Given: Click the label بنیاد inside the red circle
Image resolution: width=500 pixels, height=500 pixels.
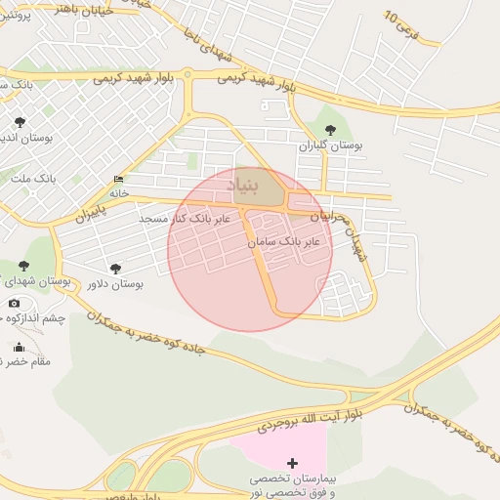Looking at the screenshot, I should click(246, 184).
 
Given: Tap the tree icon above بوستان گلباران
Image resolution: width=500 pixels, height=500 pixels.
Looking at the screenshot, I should click(329, 129).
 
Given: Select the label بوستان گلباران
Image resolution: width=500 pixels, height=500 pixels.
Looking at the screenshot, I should click(331, 146).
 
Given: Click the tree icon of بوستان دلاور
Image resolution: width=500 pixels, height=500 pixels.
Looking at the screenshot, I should click(116, 269).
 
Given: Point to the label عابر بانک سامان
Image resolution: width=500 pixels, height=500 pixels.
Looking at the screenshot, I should click(284, 239).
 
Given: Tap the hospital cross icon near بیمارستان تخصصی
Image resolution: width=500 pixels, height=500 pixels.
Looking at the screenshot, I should click(293, 462).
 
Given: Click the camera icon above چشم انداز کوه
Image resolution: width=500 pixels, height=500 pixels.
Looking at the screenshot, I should click(14, 303).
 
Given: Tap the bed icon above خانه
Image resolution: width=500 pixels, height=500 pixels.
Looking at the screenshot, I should click(119, 180).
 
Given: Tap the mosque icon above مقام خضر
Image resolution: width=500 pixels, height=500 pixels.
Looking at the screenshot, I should click(19, 347).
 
